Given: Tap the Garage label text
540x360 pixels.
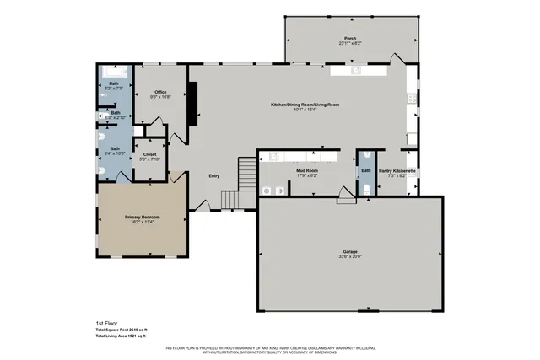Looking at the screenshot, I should coord(348,250).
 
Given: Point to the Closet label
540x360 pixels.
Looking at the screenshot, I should coord(149,154).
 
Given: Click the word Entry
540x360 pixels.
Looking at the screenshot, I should coord(214,175).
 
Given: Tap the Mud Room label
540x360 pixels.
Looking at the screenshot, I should coord(306,171).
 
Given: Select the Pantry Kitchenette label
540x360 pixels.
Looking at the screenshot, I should coord(397,171).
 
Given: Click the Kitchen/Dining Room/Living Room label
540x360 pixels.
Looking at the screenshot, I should coord(305,104).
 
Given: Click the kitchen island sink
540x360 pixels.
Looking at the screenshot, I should coord(354,72).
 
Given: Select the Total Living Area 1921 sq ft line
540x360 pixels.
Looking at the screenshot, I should coord(122,336).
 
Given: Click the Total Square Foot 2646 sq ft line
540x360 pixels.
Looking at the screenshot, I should coord(122,330).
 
